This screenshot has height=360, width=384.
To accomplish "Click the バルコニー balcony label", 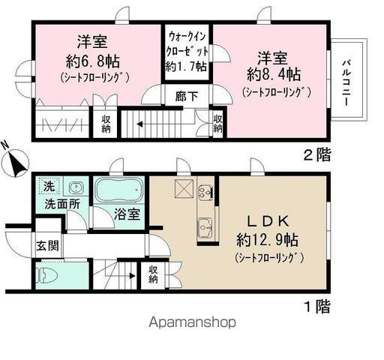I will (346, 81).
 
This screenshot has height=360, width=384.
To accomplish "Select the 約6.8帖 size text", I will (82, 59).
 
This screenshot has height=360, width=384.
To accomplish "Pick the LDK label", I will (265, 223).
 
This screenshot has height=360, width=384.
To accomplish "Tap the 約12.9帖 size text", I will (266, 241).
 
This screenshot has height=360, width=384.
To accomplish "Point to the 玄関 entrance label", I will (46, 244).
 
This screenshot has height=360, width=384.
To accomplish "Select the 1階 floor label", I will (316, 305).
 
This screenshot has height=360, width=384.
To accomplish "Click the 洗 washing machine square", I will (47, 186).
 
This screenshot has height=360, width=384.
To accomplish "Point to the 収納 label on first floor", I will (153, 275).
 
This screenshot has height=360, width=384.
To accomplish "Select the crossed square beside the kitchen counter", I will (184, 187).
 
